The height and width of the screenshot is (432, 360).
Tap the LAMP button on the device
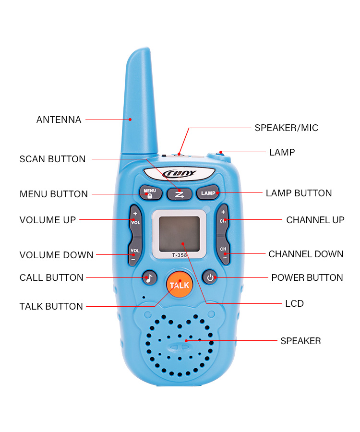pyautogui.click(x=208, y=193)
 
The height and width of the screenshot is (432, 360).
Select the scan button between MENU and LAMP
pyautogui.click(x=179, y=193)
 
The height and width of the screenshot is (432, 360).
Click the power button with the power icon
pyautogui.click(x=210, y=277)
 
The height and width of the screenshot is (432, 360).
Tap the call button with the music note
pyautogui.click(x=150, y=277)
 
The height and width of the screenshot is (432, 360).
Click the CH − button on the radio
pyautogui.click(x=223, y=253)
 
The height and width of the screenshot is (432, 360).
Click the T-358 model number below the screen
pyautogui.click(x=179, y=255)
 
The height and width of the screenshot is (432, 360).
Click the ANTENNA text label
pyautogui.click(x=59, y=120)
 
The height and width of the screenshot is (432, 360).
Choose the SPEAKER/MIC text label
pyautogui.click(x=286, y=128)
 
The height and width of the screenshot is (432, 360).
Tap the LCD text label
pyautogui.click(x=294, y=303)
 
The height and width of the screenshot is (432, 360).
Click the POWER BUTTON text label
pyautogui.click(x=307, y=277)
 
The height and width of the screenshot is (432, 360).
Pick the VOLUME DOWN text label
pyautogui.click(x=56, y=255)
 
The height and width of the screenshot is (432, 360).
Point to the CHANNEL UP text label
pyautogui.click(x=315, y=220)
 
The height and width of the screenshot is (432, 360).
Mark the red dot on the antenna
pyautogui.click(x=130, y=120)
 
